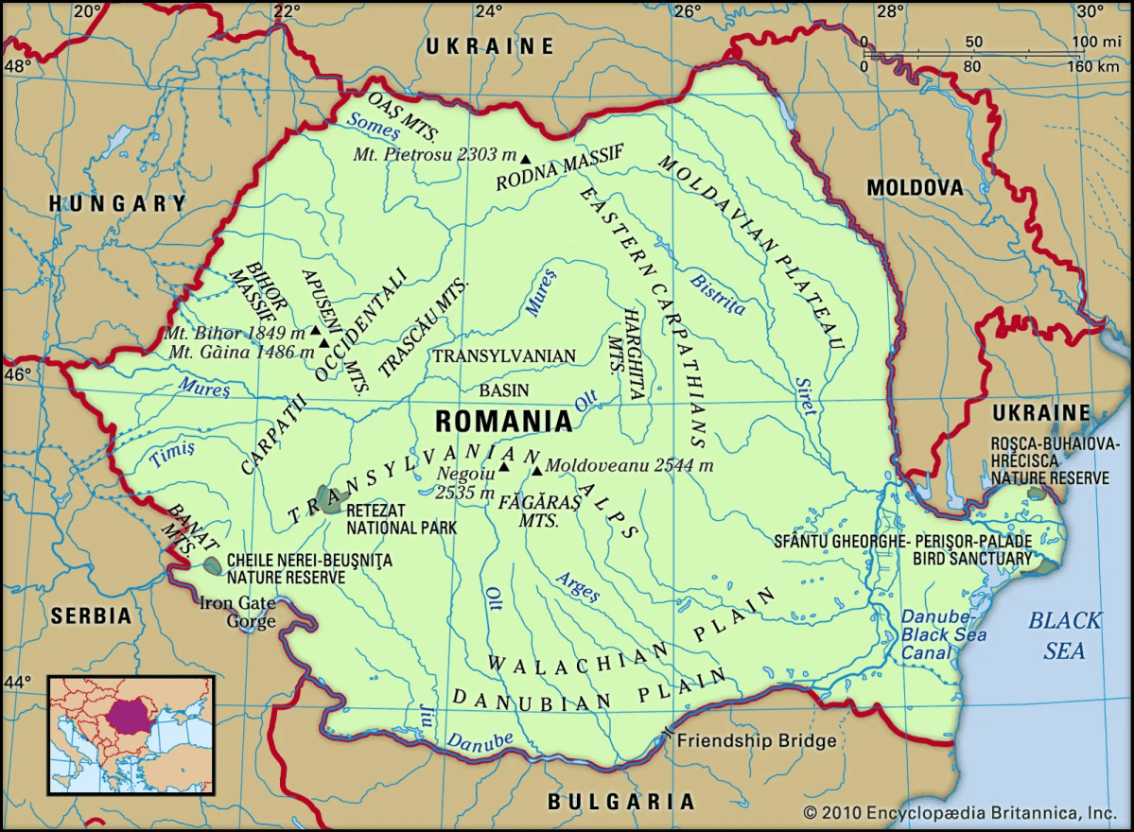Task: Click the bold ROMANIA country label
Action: click(503, 421)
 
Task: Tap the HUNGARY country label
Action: click(118, 203)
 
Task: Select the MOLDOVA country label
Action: click(915, 188)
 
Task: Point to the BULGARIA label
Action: click(621, 802)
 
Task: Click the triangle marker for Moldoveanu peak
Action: click(537, 470)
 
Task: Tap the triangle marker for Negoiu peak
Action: click(504, 466)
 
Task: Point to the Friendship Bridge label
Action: click(757, 740)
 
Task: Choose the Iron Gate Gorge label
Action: click(237, 612)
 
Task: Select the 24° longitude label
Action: click(489, 11)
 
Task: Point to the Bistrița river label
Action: click(718, 294)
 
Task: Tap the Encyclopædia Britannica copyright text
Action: click(959, 812)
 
